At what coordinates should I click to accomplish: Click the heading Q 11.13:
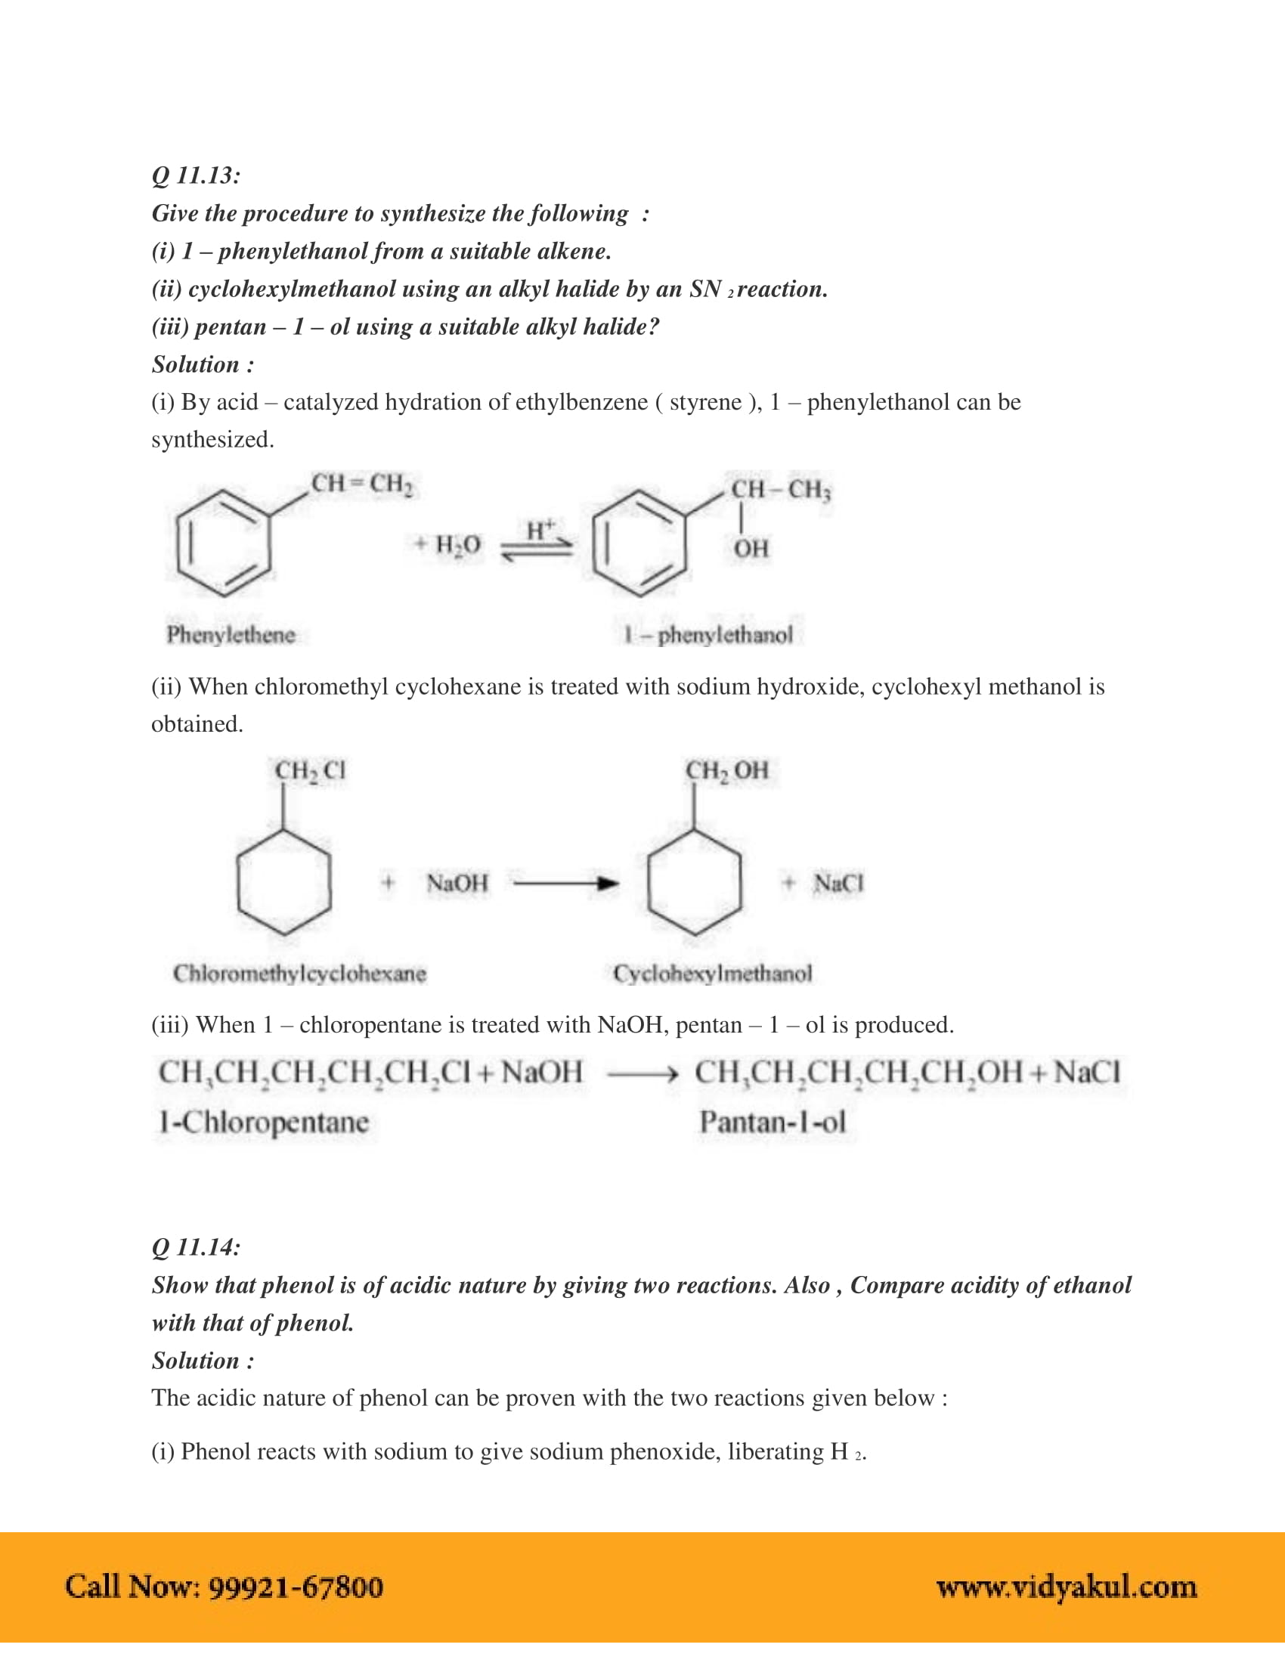tap(196, 176)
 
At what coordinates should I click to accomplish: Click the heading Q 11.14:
tap(196, 1247)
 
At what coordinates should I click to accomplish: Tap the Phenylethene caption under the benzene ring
tap(231, 634)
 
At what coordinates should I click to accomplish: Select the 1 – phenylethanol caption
tap(708, 634)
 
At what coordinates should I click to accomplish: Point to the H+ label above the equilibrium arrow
tap(540, 529)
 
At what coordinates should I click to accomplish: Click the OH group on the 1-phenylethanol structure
tap(751, 548)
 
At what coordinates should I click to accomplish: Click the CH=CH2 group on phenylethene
tap(362, 485)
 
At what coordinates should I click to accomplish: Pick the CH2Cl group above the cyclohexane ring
tap(310, 770)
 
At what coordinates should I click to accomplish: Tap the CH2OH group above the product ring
tap(727, 770)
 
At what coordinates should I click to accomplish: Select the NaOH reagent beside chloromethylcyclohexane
tap(457, 883)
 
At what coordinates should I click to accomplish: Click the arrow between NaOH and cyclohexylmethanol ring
tap(565, 883)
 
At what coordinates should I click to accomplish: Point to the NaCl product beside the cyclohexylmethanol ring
tap(838, 883)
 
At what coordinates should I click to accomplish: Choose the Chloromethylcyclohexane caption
tap(299, 973)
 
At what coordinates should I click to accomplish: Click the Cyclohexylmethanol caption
tap(713, 973)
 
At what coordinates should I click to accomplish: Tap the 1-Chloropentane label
tap(263, 1122)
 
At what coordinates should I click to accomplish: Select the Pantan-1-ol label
tap(772, 1122)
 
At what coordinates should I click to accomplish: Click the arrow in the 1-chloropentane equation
tap(641, 1074)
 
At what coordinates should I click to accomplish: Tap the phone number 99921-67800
tap(296, 1587)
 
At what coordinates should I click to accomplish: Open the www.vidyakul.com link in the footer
tap(1066, 1587)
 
